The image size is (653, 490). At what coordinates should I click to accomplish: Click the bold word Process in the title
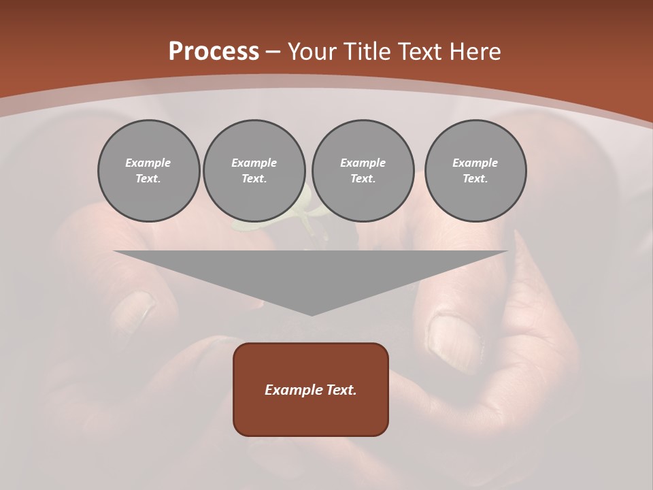pyautogui.click(x=214, y=52)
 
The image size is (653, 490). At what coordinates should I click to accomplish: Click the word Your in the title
pyautogui.click(x=314, y=52)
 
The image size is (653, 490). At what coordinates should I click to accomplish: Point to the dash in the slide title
pyautogui.click(x=273, y=52)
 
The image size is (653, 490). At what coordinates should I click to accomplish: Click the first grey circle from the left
pyautogui.click(x=149, y=171)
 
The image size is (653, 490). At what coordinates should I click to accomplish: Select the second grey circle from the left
pyautogui.click(x=254, y=171)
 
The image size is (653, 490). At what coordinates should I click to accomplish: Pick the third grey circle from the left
pyautogui.click(x=363, y=171)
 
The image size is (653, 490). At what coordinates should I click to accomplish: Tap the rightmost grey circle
pyautogui.click(x=475, y=171)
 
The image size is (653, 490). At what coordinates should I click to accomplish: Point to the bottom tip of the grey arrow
pyautogui.click(x=312, y=315)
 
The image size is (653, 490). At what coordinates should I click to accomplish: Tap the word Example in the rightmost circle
pyautogui.click(x=475, y=163)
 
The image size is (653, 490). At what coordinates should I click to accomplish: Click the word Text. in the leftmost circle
pyautogui.click(x=148, y=179)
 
